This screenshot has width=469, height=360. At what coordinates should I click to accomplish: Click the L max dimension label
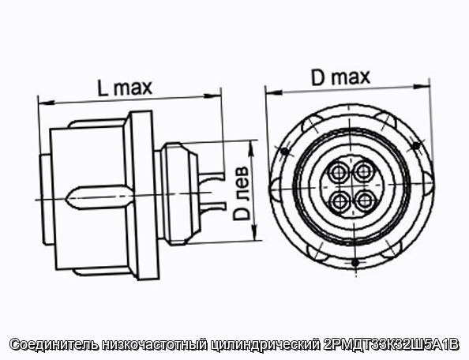point(125,88)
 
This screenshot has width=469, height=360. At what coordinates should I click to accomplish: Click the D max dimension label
point(340,77)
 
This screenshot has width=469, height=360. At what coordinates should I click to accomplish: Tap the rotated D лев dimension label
point(241,193)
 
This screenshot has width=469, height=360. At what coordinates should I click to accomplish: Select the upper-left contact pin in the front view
point(338,173)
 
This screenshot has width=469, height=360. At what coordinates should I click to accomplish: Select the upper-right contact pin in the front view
point(364,171)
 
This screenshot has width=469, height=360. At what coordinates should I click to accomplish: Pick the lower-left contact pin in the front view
point(339,201)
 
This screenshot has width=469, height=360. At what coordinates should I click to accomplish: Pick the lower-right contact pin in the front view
point(365,201)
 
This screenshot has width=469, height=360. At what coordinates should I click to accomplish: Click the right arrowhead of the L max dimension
point(212,96)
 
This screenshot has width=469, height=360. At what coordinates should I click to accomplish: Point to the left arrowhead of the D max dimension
point(274,92)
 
